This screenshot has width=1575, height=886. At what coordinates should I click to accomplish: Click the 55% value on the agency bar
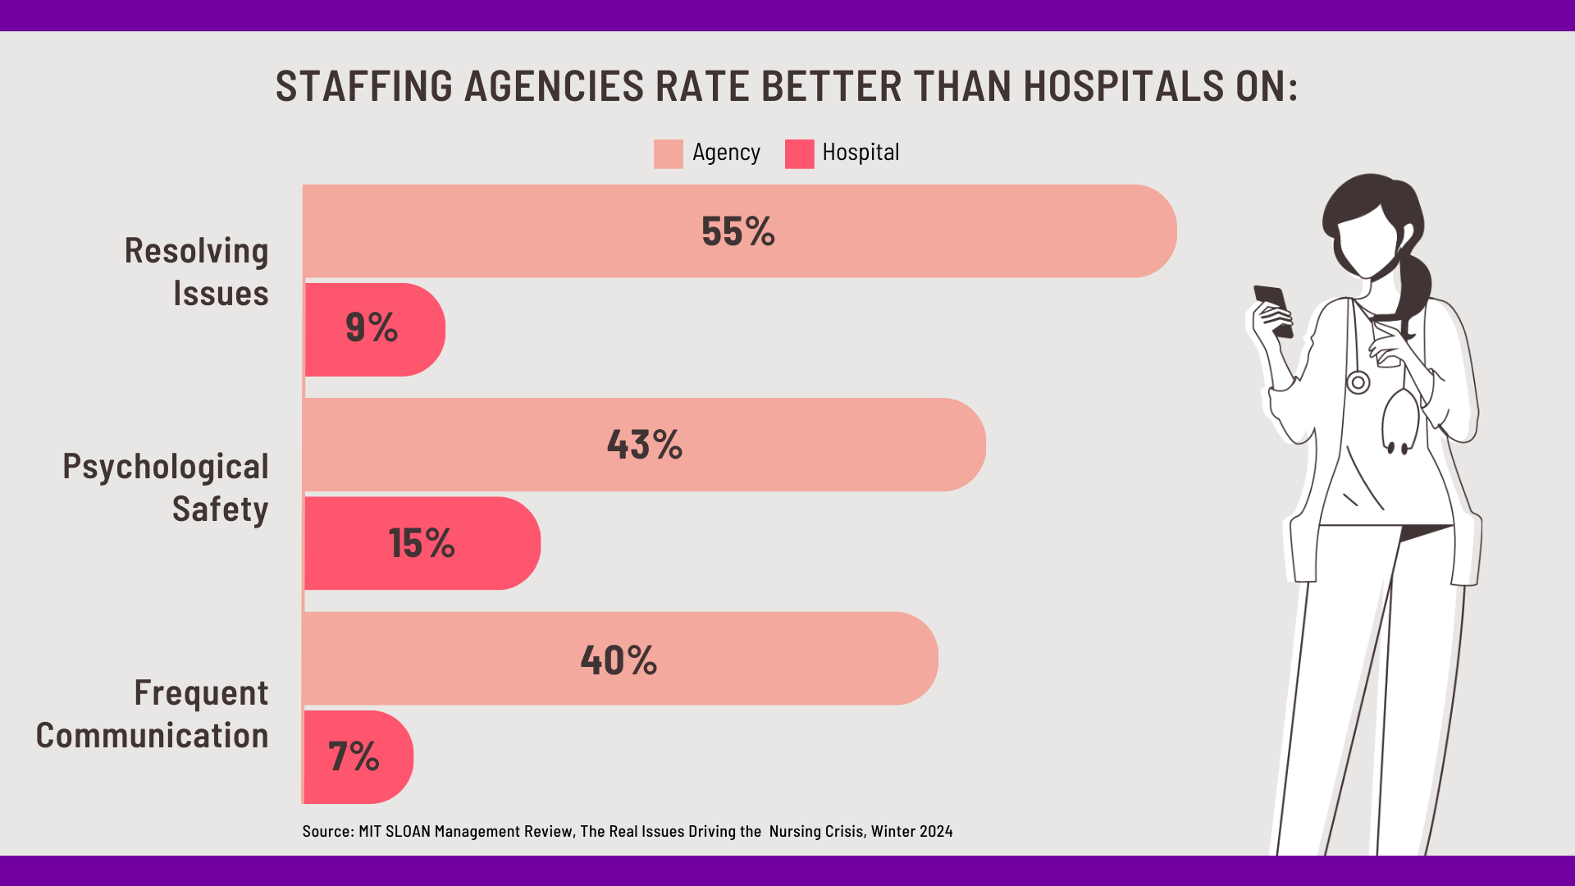point(737,231)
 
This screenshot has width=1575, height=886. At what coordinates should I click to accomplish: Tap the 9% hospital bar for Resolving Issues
point(374,329)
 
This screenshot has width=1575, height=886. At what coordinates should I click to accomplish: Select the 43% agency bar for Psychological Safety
point(644,445)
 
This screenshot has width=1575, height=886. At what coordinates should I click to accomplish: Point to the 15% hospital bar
point(422,543)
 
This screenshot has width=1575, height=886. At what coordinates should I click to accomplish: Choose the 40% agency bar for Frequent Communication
point(619,659)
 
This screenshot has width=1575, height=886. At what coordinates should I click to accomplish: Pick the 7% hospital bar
point(358,756)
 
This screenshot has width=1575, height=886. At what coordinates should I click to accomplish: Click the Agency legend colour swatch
point(668,153)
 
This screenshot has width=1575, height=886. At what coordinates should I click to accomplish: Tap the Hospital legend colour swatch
point(799,153)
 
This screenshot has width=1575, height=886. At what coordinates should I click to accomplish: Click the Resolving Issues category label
point(197,272)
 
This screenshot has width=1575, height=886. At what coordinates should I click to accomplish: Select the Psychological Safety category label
point(167,487)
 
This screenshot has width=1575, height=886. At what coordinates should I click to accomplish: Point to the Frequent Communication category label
point(153,714)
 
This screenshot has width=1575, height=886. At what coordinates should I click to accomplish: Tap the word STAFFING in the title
point(364,86)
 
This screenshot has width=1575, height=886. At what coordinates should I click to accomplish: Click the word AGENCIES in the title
point(554,86)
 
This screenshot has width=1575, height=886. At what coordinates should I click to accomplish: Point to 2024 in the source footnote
point(936,831)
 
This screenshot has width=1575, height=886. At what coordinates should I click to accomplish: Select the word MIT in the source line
point(370,831)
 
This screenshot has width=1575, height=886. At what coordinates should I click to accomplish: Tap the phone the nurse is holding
point(1272,309)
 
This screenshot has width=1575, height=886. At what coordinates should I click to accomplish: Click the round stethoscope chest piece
point(1358,382)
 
